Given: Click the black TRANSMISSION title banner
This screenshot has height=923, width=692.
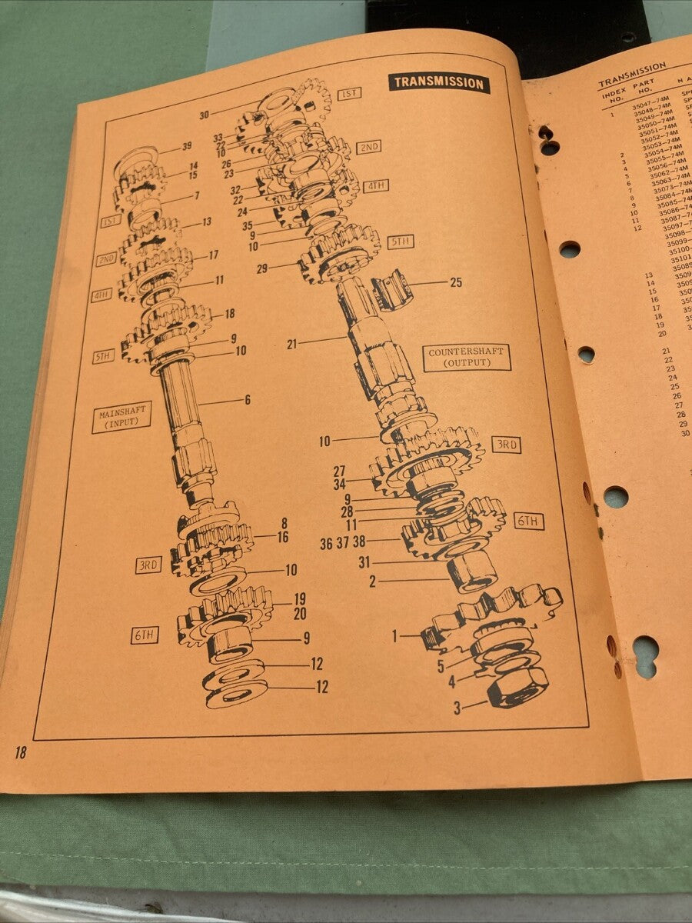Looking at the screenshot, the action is click(x=439, y=82).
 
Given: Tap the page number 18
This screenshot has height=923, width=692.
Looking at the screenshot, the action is click(x=20, y=752).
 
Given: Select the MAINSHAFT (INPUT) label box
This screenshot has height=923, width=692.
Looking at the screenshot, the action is click(x=121, y=417).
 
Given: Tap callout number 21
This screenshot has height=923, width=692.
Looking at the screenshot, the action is click(x=291, y=344).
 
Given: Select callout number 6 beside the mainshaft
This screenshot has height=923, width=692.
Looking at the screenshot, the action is click(x=248, y=400).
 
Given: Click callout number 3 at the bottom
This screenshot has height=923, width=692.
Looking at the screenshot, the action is click(x=457, y=708).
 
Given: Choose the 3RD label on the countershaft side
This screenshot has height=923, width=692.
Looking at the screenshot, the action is click(x=507, y=445).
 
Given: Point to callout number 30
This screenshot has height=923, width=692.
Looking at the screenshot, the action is click(x=204, y=115).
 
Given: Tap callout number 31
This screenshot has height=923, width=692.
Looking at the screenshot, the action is click(x=364, y=562).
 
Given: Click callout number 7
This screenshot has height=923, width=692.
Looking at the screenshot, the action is click(x=197, y=196).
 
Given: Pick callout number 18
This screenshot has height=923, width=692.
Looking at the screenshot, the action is click(x=229, y=314).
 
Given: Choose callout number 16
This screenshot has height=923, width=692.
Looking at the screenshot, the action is click(x=283, y=537).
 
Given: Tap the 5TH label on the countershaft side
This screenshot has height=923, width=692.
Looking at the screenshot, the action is click(x=401, y=242).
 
